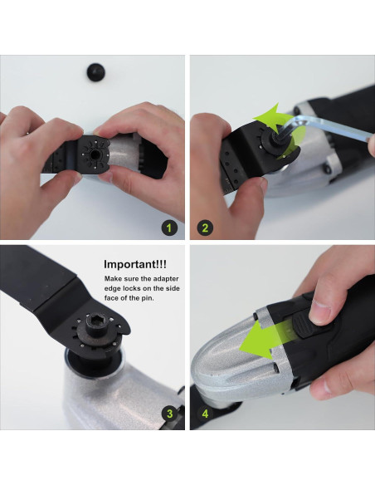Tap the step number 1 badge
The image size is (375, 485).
point(169,226)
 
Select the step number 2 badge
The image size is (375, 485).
point(205,226)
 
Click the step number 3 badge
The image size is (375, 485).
point(169,414)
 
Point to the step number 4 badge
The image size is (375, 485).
point(205,414)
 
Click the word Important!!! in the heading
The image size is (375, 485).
point(136,265)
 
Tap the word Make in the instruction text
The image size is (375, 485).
point(113,280)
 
